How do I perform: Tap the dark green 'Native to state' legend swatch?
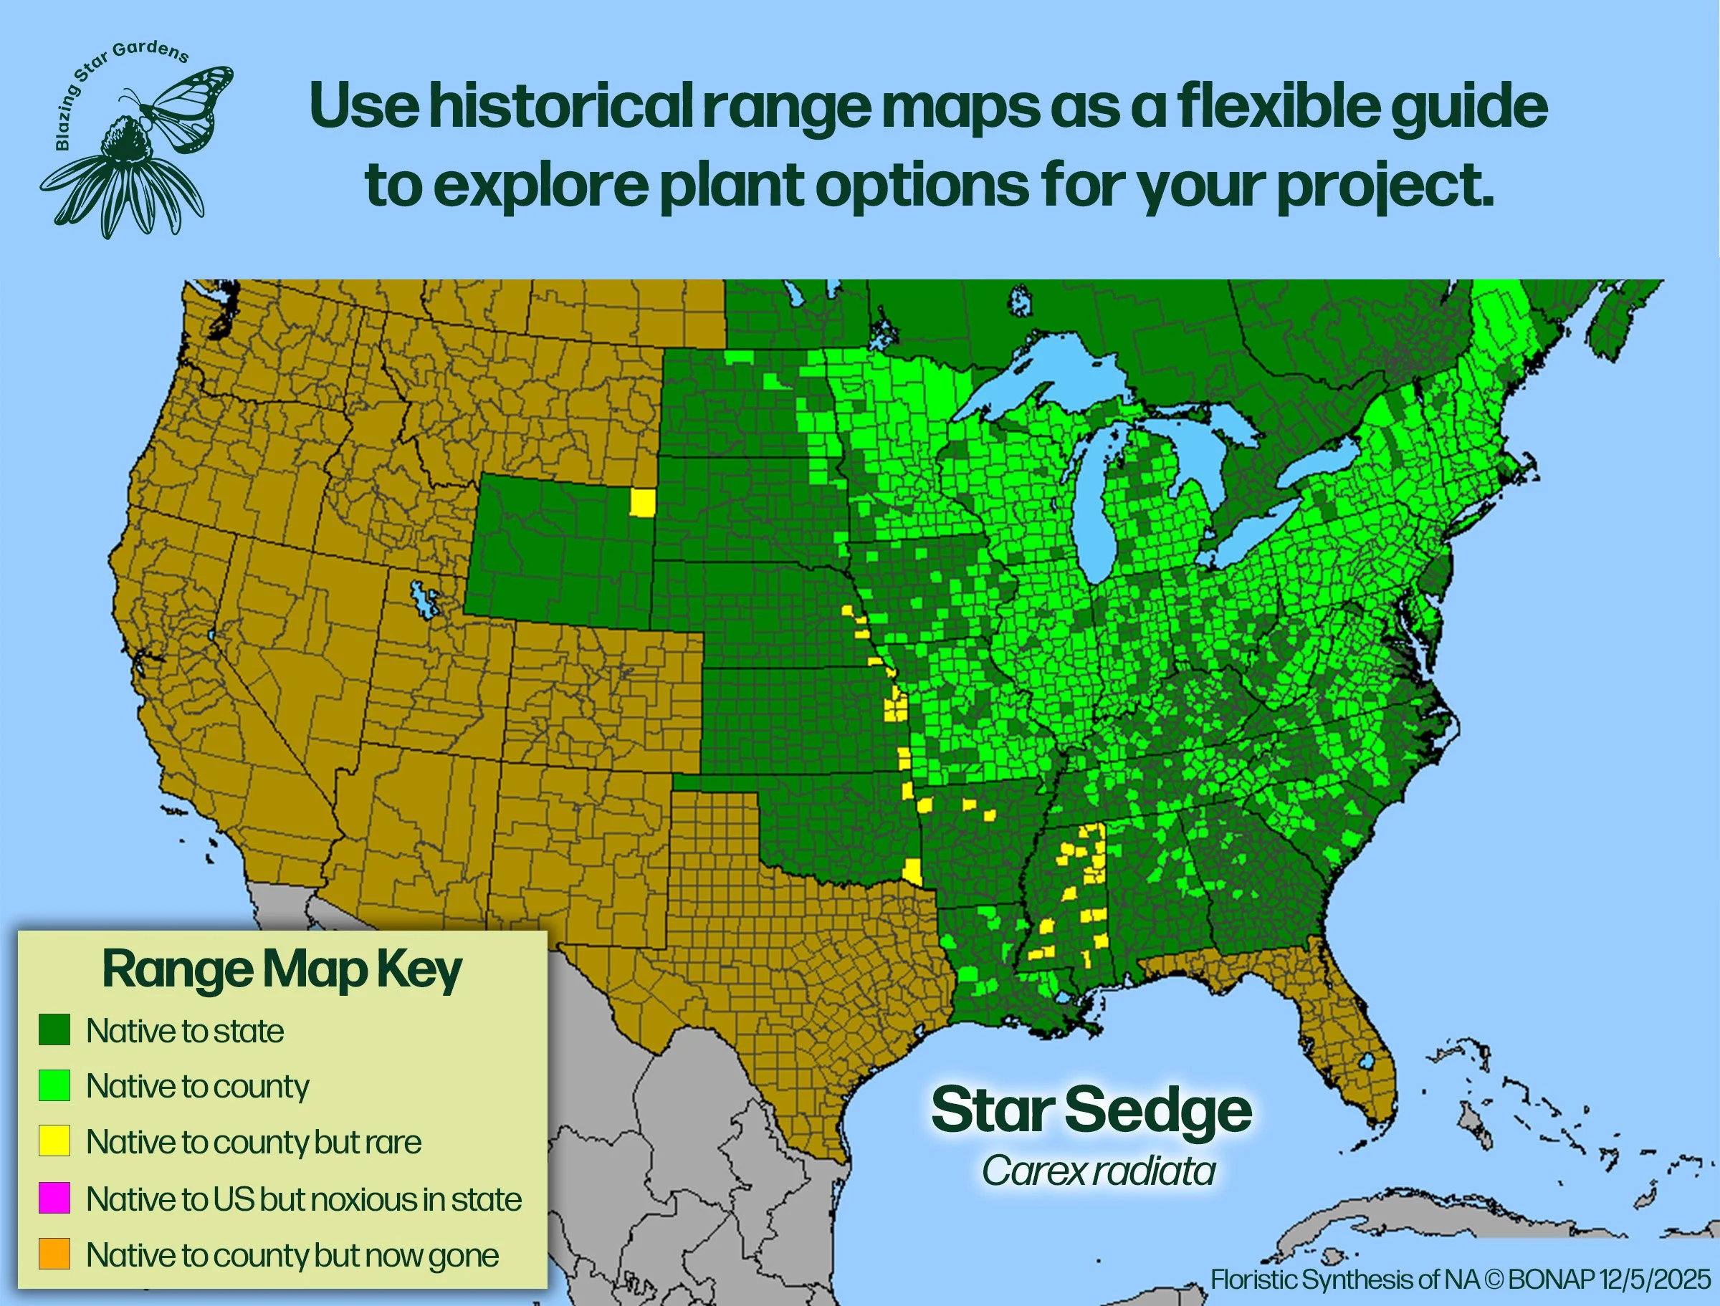point(54,1029)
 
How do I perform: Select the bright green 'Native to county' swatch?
point(54,1085)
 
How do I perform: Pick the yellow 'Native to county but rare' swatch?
point(54,1141)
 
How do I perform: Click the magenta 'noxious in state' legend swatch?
point(54,1198)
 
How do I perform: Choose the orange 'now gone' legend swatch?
point(54,1254)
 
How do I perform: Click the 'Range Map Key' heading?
point(282,970)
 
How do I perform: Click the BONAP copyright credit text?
point(1461,1279)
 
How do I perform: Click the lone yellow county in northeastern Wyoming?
point(642,503)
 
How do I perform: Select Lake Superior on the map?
point(1034,381)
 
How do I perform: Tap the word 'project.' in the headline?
point(1385,186)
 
